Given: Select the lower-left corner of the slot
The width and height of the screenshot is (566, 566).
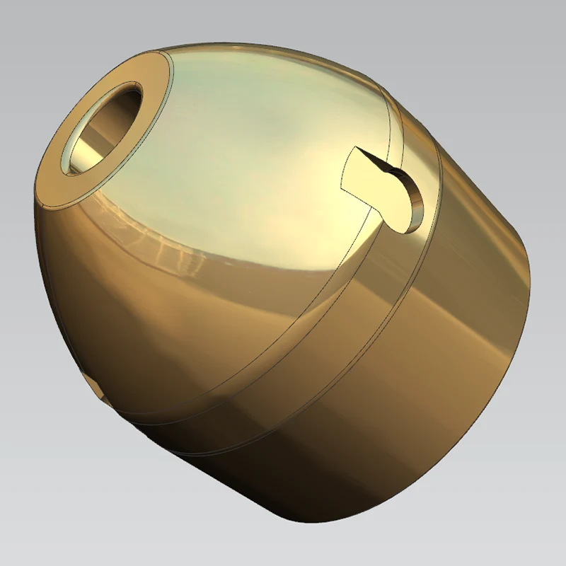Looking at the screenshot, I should click(x=342, y=190).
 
